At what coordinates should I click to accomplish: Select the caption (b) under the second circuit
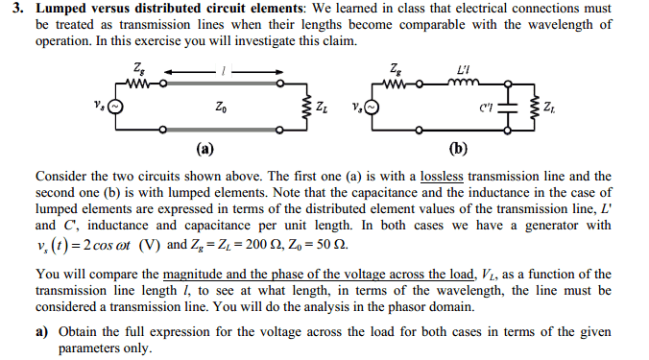point(458,148)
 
